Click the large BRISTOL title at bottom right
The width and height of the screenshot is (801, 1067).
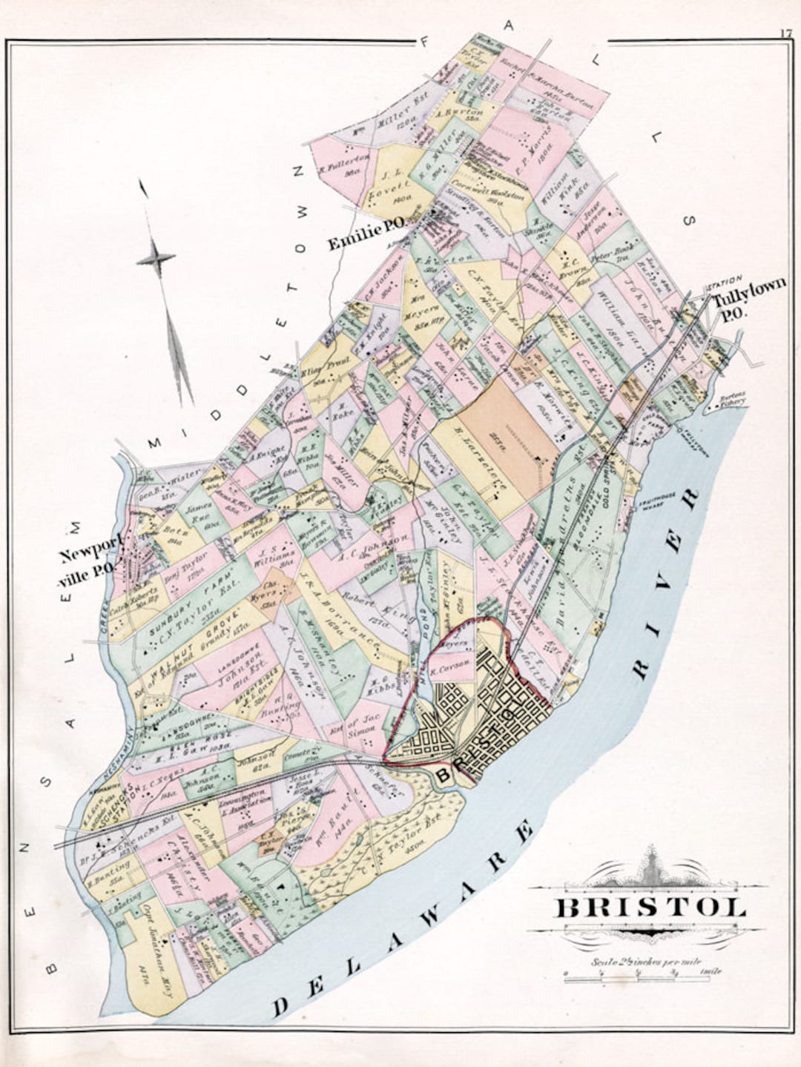[x=649, y=908]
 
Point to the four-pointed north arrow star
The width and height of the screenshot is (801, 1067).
[x=156, y=259]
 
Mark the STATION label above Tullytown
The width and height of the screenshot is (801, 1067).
[x=724, y=282]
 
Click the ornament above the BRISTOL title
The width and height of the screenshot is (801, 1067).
[x=650, y=868]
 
